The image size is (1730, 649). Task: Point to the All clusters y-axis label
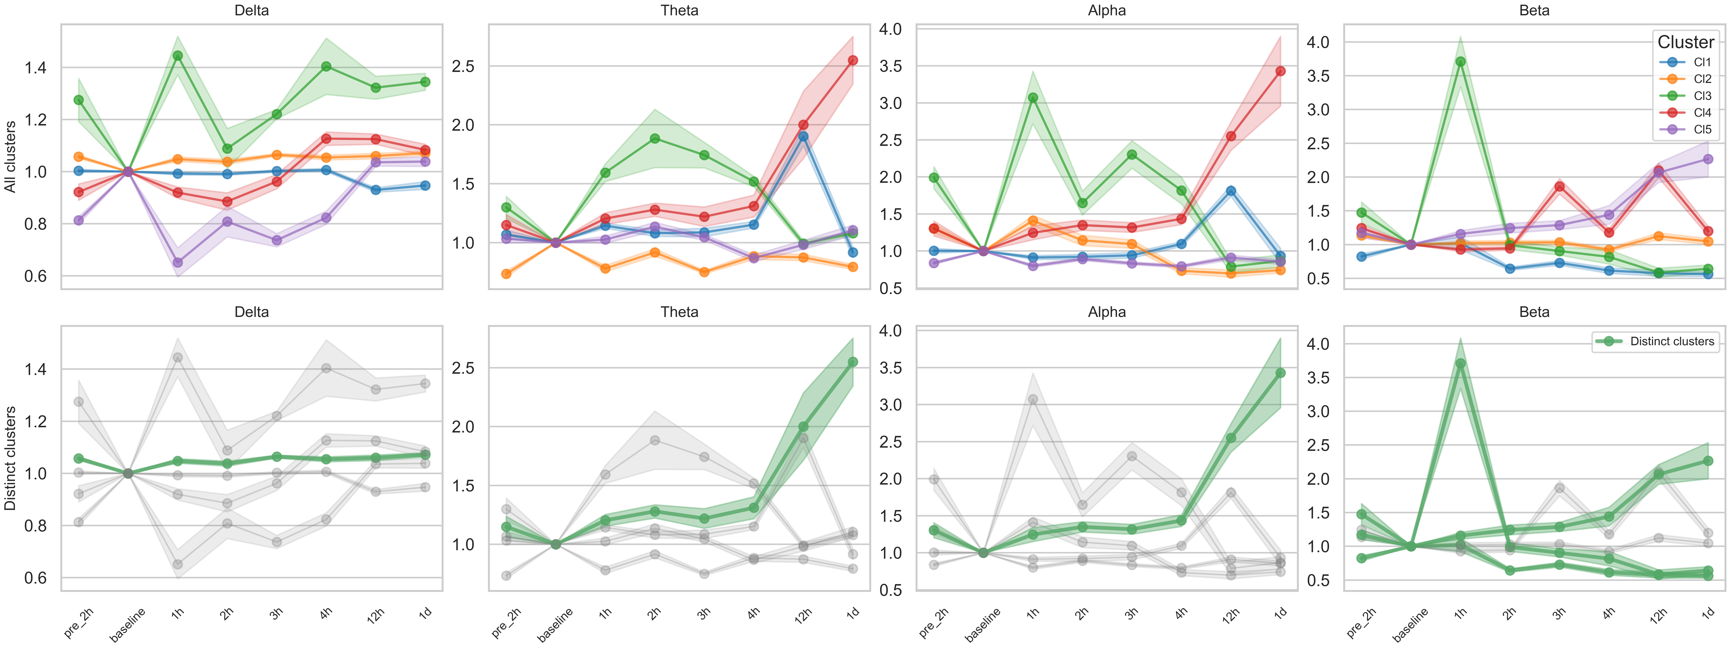pos(10,156)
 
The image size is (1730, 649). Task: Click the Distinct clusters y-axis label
pos(10,458)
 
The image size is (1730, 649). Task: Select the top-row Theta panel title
pos(679,10)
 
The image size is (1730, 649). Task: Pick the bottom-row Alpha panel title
pos(1107,312)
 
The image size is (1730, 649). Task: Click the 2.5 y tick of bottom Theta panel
pos(463,368)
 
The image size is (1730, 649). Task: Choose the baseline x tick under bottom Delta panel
pos(128,625)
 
